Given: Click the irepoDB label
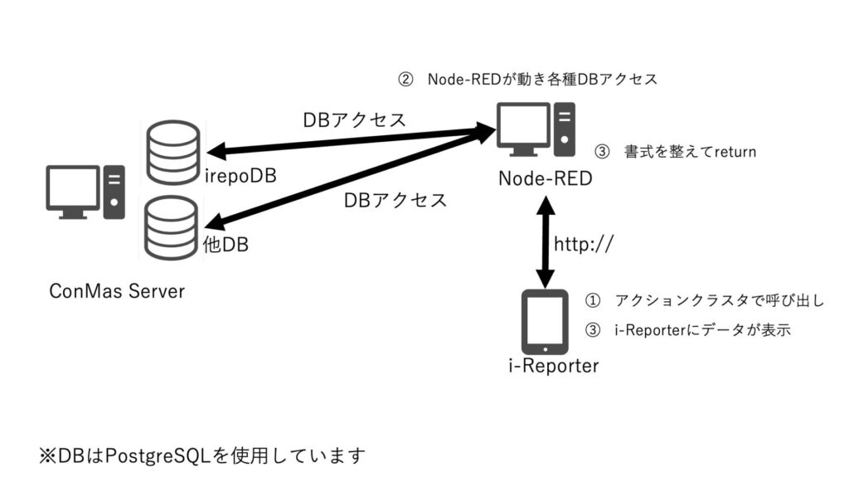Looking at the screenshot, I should point(240,177).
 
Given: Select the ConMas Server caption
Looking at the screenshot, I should point(116,291).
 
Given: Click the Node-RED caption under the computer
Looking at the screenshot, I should point(546,178).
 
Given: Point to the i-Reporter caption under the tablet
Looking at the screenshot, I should point(553,365).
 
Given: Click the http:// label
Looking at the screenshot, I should point(583,244).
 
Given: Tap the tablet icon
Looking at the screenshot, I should point(544,321).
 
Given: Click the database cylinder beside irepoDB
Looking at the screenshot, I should point(172,152).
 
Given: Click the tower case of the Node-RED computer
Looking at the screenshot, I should point(565,129).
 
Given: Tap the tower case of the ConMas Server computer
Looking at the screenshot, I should point(114,191).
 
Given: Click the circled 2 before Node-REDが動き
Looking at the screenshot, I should point(405,80).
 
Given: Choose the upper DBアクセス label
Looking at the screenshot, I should point(354,119).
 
